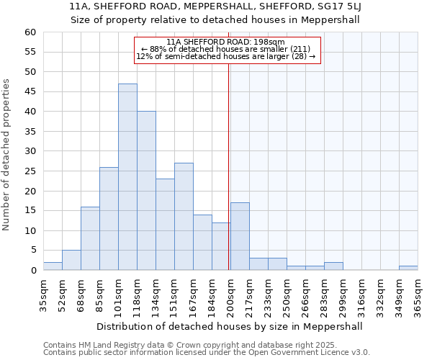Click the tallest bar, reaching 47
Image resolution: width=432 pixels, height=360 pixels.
[127, 177]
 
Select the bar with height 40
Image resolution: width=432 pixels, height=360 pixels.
[146, 191]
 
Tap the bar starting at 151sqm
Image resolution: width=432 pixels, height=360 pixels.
[184, 217]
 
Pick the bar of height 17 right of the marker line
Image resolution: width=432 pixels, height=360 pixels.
[240, 236]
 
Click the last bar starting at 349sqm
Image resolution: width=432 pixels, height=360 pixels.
[408, 268]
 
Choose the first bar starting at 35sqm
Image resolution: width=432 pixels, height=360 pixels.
[53, 266]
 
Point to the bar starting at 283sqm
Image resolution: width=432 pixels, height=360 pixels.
[333, 266]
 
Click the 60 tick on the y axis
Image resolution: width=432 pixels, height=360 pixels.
[30, 32]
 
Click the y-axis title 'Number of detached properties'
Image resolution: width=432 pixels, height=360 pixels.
[6, 155]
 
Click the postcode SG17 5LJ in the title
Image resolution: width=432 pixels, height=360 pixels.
[339, 6]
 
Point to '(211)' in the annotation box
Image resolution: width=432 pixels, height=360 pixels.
[299, 49]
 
